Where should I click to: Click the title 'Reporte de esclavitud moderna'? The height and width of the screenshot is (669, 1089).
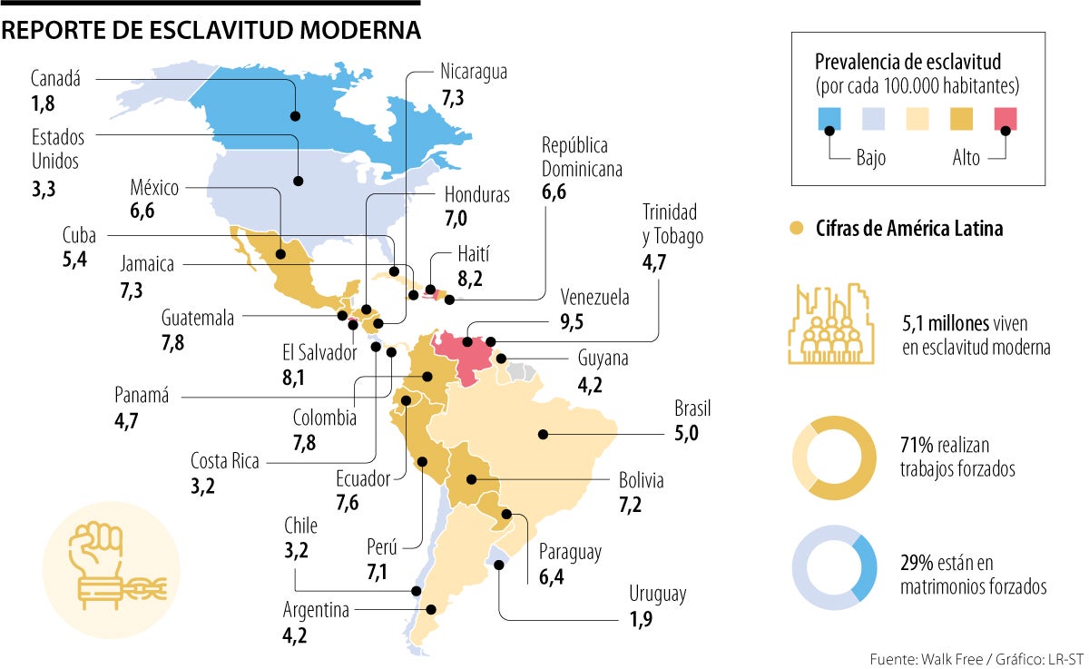pos(211,30)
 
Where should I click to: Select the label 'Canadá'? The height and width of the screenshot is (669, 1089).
pos(55,79)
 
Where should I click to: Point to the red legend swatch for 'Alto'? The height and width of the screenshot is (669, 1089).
pos(1005,119)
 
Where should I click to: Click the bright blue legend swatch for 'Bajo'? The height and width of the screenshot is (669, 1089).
pos(829,119)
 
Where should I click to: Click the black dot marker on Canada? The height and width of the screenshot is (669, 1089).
pos(295,115)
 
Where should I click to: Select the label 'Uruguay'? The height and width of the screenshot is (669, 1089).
pos(658,595)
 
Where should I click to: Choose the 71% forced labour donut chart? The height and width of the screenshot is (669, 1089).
pos(834,458)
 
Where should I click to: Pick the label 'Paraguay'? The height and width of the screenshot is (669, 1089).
pos(570,552)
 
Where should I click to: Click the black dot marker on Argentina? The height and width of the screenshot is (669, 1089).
pos(432,610)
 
